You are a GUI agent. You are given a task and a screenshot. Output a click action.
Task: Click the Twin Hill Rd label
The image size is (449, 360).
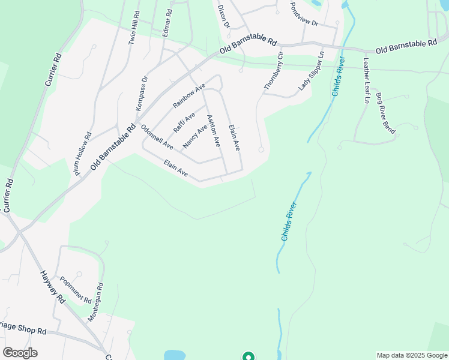[x=133, y=26]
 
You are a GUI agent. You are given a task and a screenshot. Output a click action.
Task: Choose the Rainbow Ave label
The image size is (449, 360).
[x=189, y=96]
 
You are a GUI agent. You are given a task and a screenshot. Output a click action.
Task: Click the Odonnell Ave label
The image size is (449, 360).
[x=157, y=137]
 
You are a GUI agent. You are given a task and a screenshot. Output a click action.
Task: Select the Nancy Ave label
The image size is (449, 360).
[x=195, y=136]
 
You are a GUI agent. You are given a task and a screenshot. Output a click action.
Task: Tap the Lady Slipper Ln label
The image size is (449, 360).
[x=312, y=71]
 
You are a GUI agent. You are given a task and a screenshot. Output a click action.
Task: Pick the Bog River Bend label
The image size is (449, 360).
[x=385, y=113]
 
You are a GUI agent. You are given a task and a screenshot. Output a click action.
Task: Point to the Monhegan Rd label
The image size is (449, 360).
[x=96, y=302]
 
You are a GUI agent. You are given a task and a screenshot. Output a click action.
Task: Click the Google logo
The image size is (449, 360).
[x=20, y=353]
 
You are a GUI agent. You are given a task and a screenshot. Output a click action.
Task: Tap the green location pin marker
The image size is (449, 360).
[x=248, y=356]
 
